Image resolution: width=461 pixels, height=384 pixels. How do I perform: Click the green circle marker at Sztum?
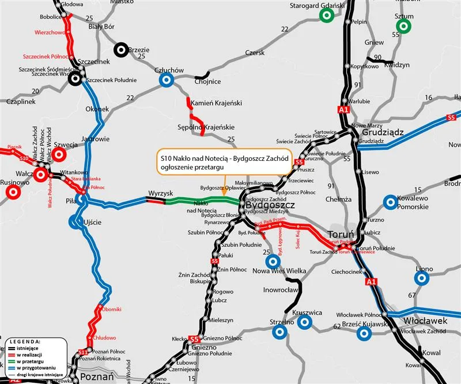(404, 26)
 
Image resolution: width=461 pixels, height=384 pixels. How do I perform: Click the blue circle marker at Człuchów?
(167, 80)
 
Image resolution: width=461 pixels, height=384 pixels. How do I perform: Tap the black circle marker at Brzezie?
(122, 50)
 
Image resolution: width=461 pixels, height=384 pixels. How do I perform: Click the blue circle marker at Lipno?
(422, 278)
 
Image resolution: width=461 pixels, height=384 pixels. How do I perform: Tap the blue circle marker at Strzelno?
(279, 332)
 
